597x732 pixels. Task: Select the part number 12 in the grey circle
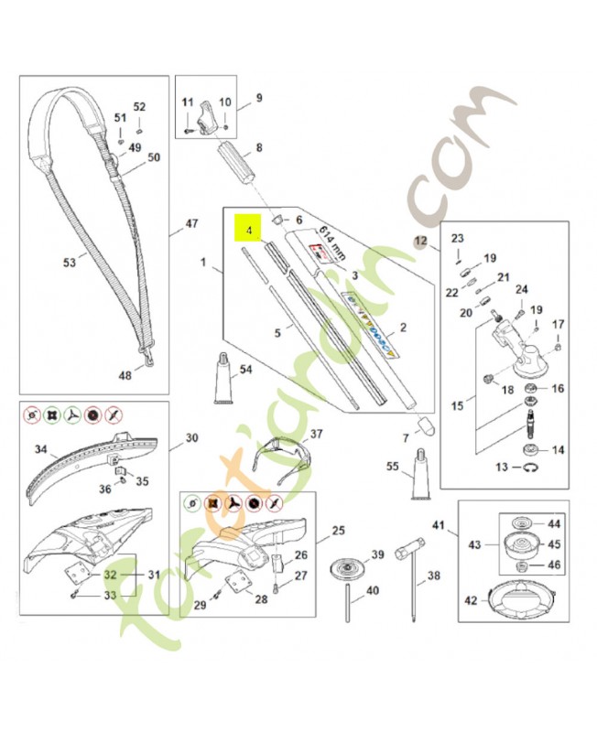(x=420, y=242)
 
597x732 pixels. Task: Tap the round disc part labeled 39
(x=348, y=565)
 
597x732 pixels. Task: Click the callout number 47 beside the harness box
(x=191, y=223)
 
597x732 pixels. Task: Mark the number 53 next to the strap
(x=69, y=263)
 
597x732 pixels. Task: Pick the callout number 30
(x=191, y=438)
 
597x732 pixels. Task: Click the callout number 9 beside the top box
(x=258, y=98)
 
